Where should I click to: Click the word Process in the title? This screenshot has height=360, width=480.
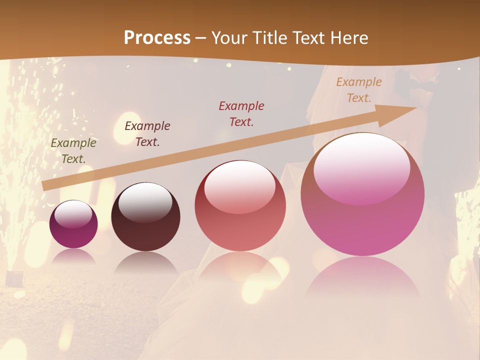(157, 38)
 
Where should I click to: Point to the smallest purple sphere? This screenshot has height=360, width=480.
(73, 224)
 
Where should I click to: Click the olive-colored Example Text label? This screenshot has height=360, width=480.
(73, 151)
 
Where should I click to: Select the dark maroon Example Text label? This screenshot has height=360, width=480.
(147, 134)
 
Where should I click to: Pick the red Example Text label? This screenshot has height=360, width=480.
(241, 113)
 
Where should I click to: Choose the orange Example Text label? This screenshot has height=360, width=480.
(359, 90)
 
